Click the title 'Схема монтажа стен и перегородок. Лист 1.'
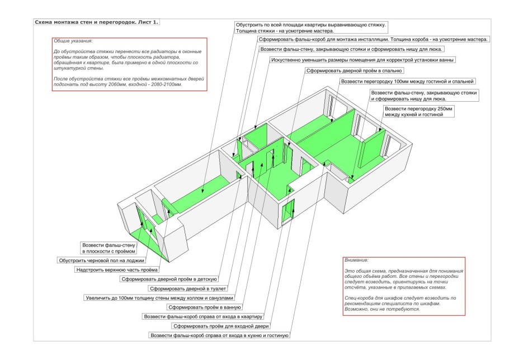[x=97, y=22]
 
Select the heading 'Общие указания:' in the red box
[x=73, y=42]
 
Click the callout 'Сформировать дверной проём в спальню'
[x=353, y=71]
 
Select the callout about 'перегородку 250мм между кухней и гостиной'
[x=418, y=111]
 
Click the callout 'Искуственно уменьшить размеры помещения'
[x=362, y=60]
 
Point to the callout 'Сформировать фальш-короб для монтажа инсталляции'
[x=373, y=40]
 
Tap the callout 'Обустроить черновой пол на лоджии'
[x=102, y=260]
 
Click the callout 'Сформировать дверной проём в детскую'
[x=168, y=279]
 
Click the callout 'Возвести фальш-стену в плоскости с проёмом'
[x=109, y=248]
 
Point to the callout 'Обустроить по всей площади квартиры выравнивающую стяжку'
[x=310, y=28]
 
